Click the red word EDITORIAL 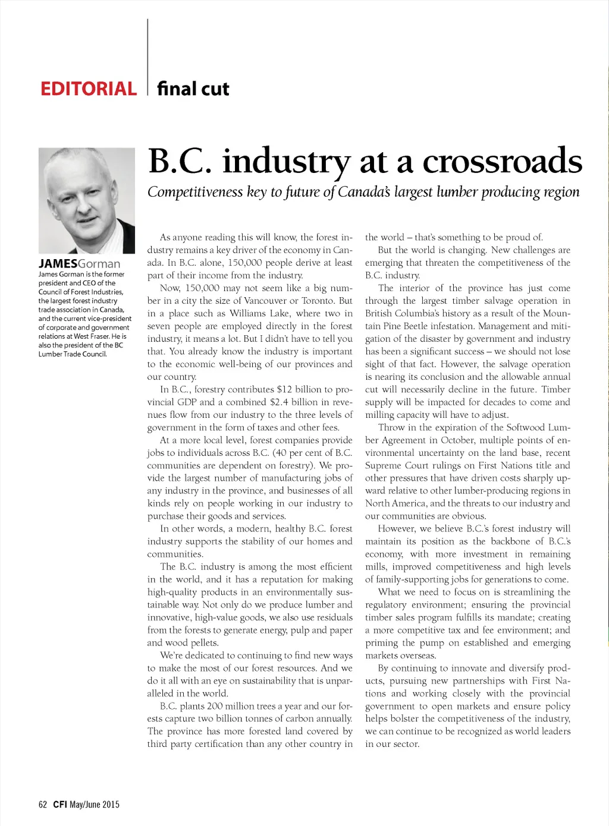88,89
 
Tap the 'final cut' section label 193,89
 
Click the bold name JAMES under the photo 58,263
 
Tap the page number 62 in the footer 42,805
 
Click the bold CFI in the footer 59,805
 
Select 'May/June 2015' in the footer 95,805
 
